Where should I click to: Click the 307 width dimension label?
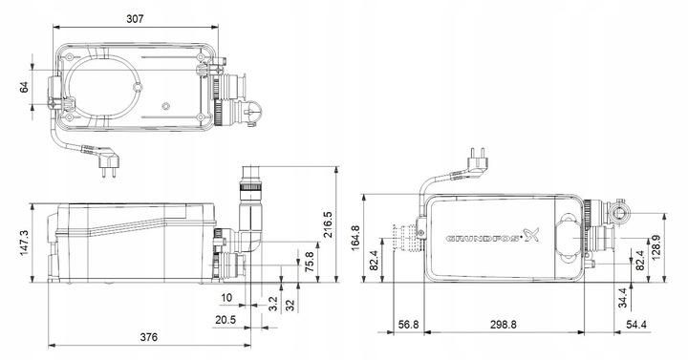click(135, 19)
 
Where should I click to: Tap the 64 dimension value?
click(25, 87)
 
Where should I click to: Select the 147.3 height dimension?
click(26, 244)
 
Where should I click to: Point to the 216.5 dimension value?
click(328, 224)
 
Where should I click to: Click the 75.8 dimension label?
click(310, 262)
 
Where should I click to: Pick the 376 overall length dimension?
click(149, 337)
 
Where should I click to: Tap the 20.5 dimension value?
click(226, 320)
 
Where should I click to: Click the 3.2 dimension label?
click(272, 304)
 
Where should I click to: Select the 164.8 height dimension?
click(355, 238)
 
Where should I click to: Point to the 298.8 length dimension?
click(504, 325)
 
